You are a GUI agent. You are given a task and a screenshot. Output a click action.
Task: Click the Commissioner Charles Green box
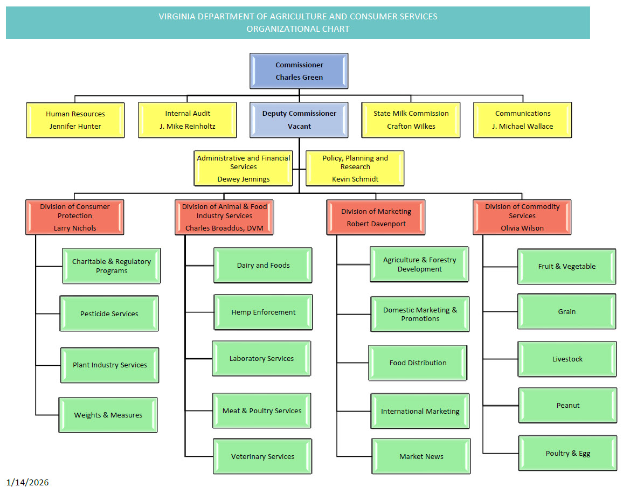(x=299, y=71)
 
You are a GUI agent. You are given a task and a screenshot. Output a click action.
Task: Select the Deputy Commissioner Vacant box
(x=299, y=120)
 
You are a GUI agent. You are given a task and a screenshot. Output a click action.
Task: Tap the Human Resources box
(x=75, y=120)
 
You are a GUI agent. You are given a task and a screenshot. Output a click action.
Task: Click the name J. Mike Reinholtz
(x=188, y=127)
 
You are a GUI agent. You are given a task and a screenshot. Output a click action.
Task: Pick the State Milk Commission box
(x=411, y=120)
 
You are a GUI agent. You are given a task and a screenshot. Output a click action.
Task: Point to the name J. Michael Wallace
(x=523, y=127)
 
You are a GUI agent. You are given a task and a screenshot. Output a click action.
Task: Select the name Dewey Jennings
(x=244, y=179)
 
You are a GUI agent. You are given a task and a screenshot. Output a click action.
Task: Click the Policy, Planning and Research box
(x=355, y=168)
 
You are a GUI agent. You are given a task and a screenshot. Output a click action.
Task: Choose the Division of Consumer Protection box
(x=75, y=217)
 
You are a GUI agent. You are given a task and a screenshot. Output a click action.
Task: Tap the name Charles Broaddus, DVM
(x=224, y=228)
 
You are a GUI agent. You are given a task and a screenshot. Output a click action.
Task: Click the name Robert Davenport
(x=376, y=224)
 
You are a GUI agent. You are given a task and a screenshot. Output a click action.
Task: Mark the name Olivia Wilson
(x=522, y=228)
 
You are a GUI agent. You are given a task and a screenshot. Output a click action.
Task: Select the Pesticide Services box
(x=109, y=314)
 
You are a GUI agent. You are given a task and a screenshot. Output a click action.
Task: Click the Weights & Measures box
(x=108, y=415)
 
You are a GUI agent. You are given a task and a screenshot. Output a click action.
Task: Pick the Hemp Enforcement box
(x=264, y=312)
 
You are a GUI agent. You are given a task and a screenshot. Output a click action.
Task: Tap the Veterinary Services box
(x=263, y=456)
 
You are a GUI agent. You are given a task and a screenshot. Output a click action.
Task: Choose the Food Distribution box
(x=418, y=363)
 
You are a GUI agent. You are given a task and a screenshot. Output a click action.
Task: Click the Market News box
(x=421, y=456)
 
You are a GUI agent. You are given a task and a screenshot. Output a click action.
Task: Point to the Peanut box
(x=568, y=406)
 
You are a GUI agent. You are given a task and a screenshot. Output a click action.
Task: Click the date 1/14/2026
(x=27, y=482)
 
